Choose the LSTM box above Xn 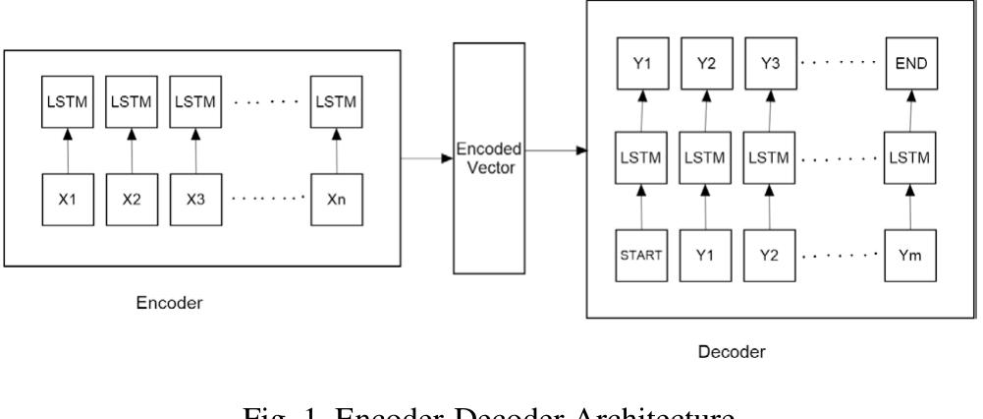(336, 100)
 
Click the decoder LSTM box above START (640, 158)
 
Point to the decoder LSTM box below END (909, 158)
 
